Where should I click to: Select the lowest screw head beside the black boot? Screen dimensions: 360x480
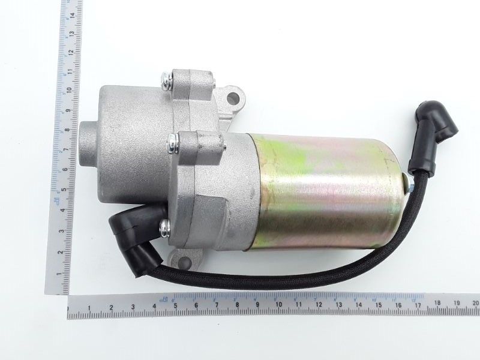[164, 226]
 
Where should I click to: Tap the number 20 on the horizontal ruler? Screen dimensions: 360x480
[475, 304]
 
